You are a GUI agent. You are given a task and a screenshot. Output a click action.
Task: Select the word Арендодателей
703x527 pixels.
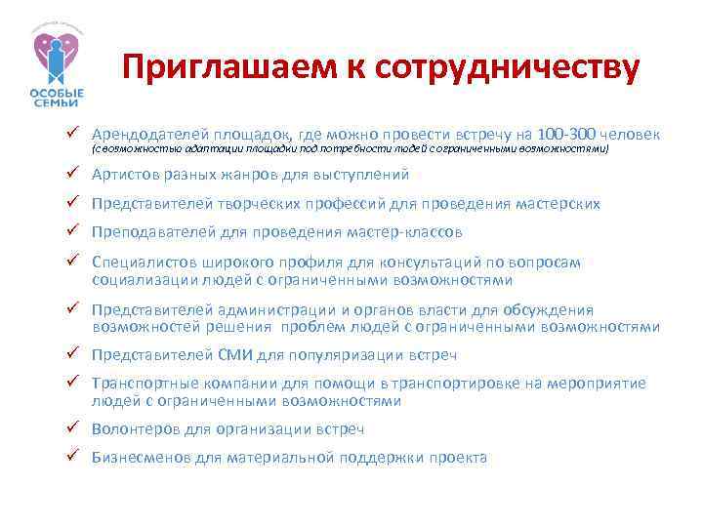[x=147, y=133]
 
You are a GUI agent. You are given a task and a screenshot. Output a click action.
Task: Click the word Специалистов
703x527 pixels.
[x=143, y=263]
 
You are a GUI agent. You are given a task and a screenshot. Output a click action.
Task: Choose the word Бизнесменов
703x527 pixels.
[x=138, y=457]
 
